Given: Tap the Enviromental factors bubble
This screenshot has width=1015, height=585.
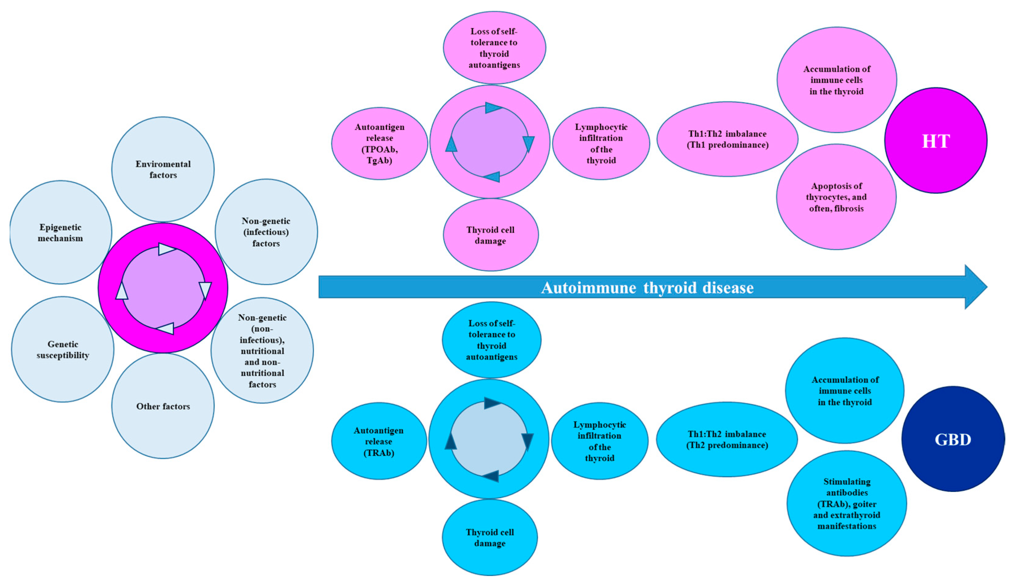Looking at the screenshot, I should click(163, 169).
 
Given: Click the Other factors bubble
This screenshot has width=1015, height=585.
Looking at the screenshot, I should click(163, 406).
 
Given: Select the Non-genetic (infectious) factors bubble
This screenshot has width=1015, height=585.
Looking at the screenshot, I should click(266, 232).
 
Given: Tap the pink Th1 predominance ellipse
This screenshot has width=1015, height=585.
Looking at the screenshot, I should click(727, 139).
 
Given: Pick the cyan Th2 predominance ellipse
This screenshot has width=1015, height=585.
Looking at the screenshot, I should click(727, 439).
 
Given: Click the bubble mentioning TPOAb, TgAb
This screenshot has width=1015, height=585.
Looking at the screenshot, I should click(379, 143).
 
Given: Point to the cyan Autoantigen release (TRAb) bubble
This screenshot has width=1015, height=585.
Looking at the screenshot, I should click(378, 441).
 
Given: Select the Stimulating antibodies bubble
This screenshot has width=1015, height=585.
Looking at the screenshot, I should click(847, 504).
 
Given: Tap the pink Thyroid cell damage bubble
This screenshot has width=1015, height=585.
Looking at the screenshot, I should click(490, 235).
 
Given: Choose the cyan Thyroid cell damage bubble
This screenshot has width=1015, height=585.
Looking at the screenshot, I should click(489, 537).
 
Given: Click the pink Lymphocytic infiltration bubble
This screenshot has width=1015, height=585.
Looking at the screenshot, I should click(601, 143).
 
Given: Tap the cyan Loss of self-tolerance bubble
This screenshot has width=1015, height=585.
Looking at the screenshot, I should click(492, 340).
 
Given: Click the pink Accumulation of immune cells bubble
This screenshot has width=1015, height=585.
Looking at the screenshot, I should click(837, 80).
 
